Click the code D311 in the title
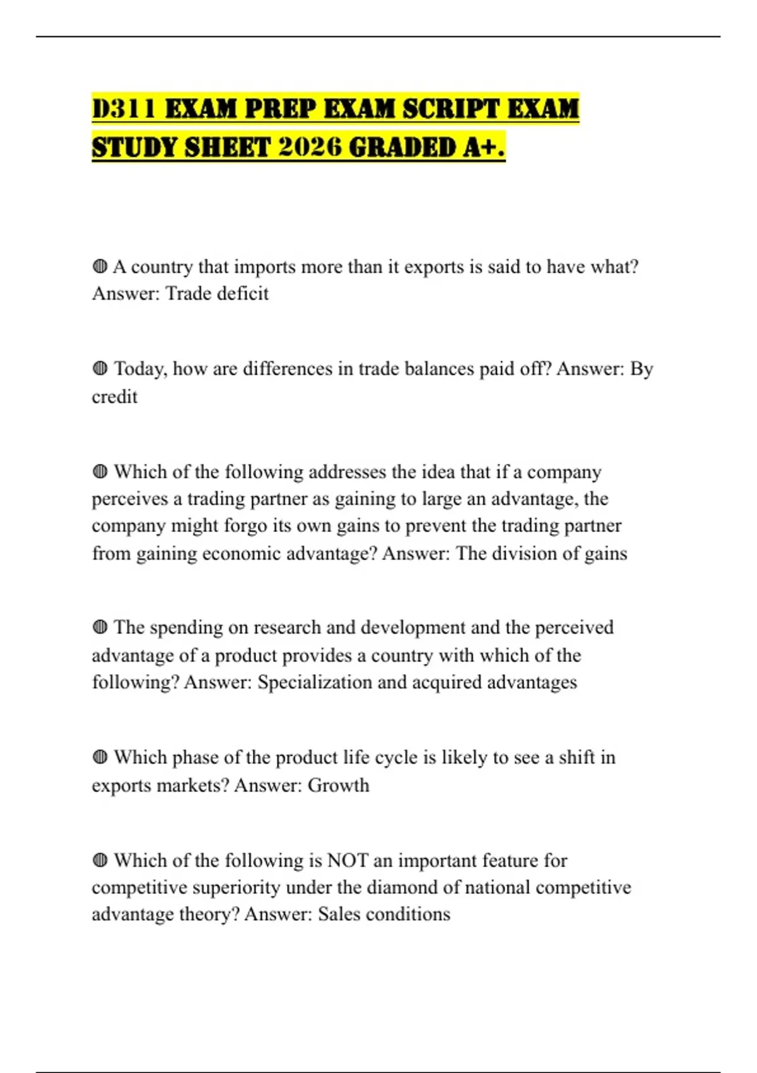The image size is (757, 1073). click(124, 109)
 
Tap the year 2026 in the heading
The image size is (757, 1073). click(309, 147)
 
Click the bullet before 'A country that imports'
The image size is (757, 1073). click(100, 267)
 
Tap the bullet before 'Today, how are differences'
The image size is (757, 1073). click(100, 369)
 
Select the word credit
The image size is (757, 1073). click(114, 397)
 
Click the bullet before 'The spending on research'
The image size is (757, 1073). click(100, 627)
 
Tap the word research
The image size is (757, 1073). click(287, 627)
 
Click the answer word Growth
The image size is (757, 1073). click(338, 785)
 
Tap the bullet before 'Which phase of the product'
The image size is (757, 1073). click(100, 757)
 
